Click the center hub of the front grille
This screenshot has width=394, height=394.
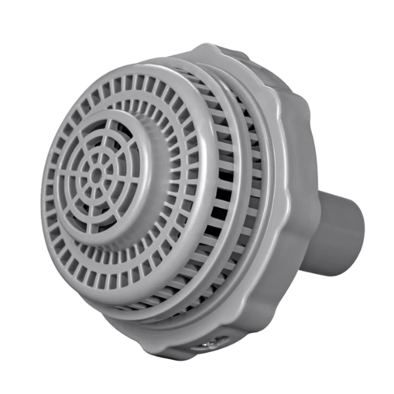pos(97,175)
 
